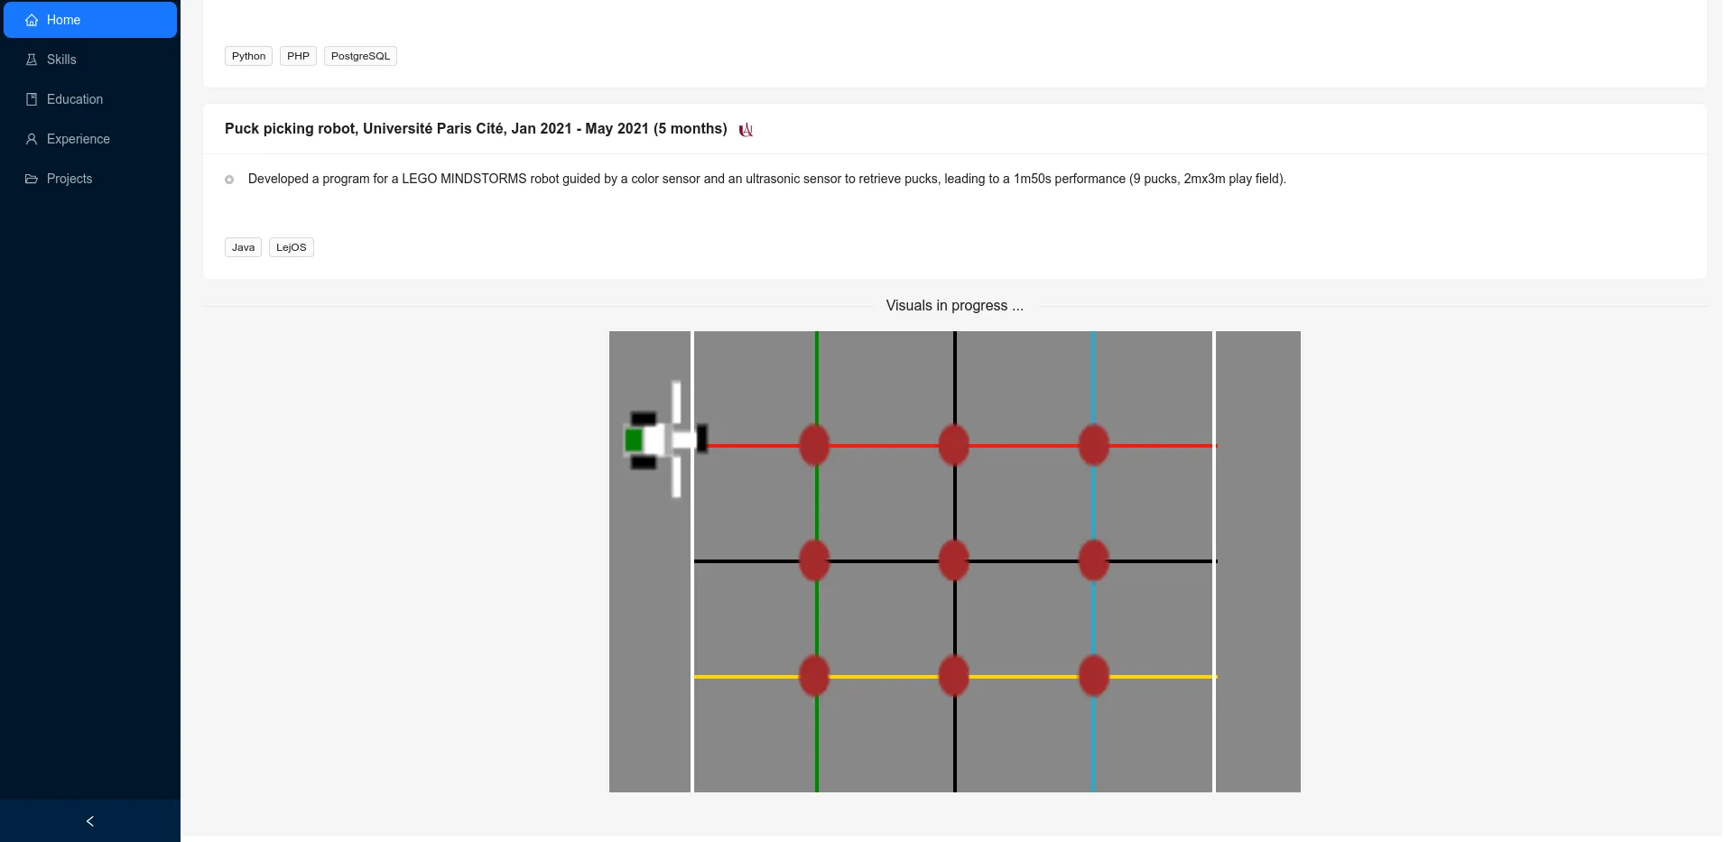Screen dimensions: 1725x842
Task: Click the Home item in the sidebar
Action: (x=90, y=20)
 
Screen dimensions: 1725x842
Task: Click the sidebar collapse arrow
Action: (x=90, y=821)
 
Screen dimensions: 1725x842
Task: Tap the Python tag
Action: (x=248, y=56)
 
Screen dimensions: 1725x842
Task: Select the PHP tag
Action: (x=298, y=56)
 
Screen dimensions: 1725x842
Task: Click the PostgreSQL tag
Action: (x=360, y=56)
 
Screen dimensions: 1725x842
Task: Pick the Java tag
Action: (x=243, y=247)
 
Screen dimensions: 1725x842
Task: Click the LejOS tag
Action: (x=291, y=247)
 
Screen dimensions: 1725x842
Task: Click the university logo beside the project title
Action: (x=746, y=130)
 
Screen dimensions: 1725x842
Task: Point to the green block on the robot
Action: (x=634, y=440)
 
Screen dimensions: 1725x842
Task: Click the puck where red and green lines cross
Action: (x=814, y=445)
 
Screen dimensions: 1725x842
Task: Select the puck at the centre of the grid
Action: (x=954, y=560)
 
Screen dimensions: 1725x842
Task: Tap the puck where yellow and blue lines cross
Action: (x=1093, y=676)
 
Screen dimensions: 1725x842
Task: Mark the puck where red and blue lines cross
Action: (x=1093, y=445)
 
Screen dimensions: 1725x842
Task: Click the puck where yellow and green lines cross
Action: (x=814, y=676)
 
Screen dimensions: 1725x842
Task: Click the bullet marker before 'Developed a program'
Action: (x=229, y=180)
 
